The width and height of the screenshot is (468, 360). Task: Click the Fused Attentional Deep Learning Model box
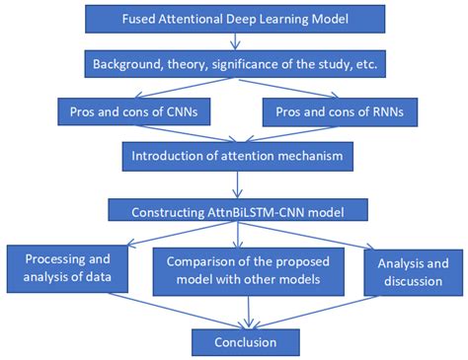(234, 20)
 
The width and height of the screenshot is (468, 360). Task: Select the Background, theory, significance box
(234, 64)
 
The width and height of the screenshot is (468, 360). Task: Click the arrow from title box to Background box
(234, 41)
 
